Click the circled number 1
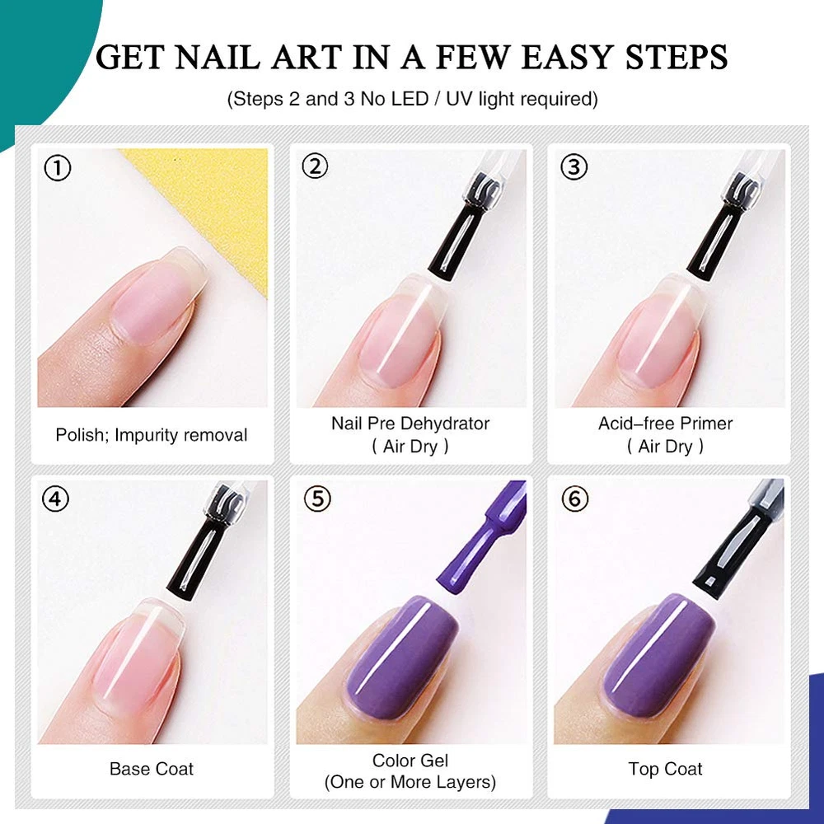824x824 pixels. click(x=58, y=169)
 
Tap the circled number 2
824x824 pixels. click(x=315, y=166)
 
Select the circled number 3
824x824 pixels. click(x=574, y=167)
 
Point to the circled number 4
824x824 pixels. click(x=55, y=499)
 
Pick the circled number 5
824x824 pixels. click(x=317, y=499)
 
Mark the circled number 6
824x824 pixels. click(x=575, y=499)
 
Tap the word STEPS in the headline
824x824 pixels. click(x=677, y=57)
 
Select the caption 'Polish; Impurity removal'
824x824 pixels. click(x=152, y=435)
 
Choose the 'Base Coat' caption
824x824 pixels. click(x=152, y=769)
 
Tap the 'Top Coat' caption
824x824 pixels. click(x=665, y=769)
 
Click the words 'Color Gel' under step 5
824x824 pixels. click(x=410, y=761)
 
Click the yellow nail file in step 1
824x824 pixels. click(x=210, y=205)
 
